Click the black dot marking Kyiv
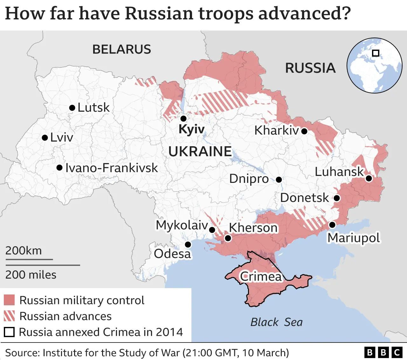click(183, 119)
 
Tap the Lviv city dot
click(45, 138)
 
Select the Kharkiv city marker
click(304, 131)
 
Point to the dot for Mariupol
click(332, 225)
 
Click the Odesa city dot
click(188, 245)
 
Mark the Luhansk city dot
click(369, 178)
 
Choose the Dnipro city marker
click(279, 180)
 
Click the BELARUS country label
click(121, 50)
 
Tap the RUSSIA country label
click(310, 68)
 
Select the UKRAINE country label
click(200, 151)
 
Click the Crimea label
click(261, 276)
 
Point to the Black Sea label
click(276, 322)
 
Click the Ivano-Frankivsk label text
click(111, 168)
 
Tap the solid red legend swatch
click(9, 300)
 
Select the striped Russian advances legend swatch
click(9, 316)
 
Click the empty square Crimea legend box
click(9, 332)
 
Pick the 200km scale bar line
click(29, 260)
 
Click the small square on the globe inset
click(376, 53)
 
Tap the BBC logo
click(383, 352)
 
